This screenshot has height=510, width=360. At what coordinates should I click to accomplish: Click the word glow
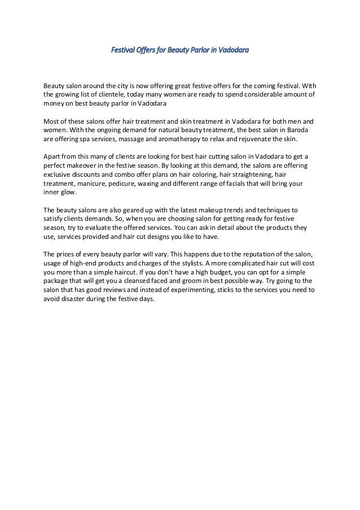click(x=72, y=193)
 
